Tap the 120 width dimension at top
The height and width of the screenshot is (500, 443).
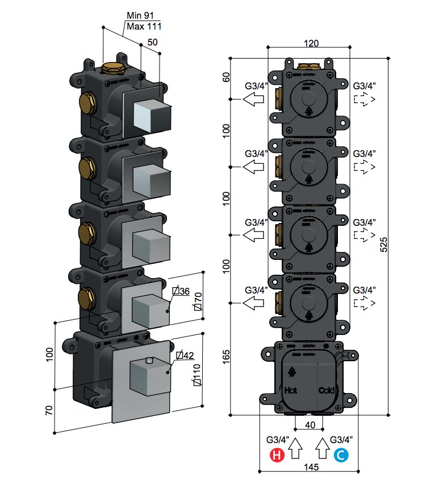click(310, 44)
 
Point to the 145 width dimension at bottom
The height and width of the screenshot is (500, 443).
click(310, 467)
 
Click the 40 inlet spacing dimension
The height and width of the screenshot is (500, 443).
click(310, 425)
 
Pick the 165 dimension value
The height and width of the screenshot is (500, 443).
click(227, 356)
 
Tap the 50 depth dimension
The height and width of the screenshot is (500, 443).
click(152, 42)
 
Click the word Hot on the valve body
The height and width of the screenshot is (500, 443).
click(291, 391)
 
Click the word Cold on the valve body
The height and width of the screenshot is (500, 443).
click(327, 391)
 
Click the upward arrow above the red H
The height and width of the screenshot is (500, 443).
click(295, 449)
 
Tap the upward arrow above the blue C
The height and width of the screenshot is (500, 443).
click(322, 449)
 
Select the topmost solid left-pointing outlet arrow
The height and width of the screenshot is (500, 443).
click(254, 100)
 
